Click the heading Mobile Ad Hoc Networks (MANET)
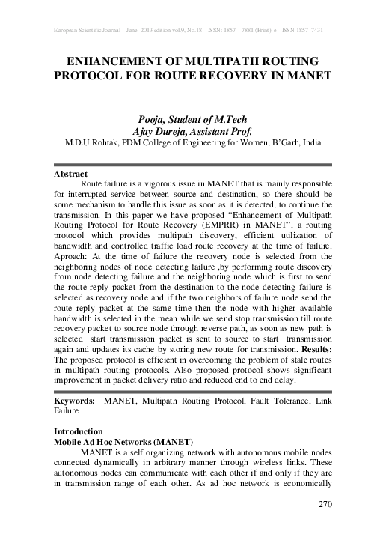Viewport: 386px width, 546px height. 123,442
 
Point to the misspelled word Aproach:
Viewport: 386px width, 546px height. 73,255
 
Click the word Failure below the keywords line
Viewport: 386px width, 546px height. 68,411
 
